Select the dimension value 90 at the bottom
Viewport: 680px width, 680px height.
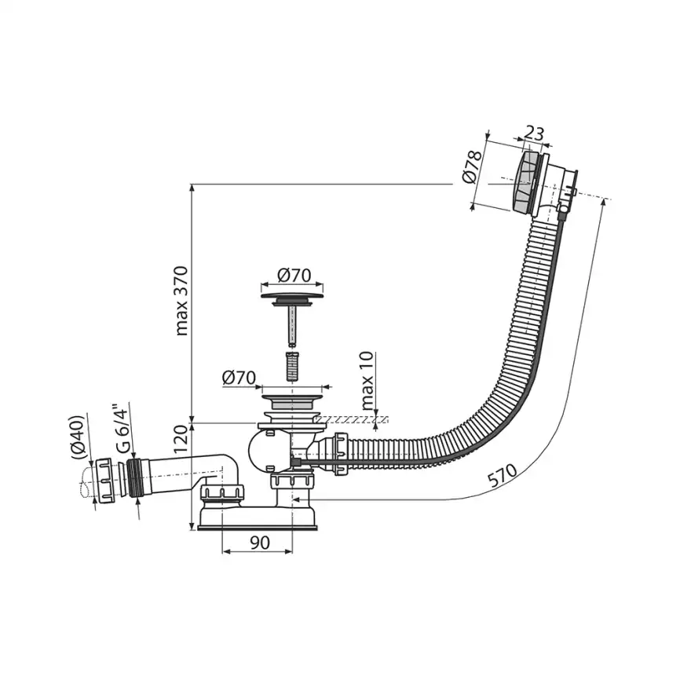tap(260, 542)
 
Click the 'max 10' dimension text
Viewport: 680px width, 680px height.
tap(368, 382)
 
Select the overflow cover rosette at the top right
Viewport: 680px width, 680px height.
tap(525, 181)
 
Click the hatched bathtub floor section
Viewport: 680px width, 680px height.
tap(357, 420)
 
